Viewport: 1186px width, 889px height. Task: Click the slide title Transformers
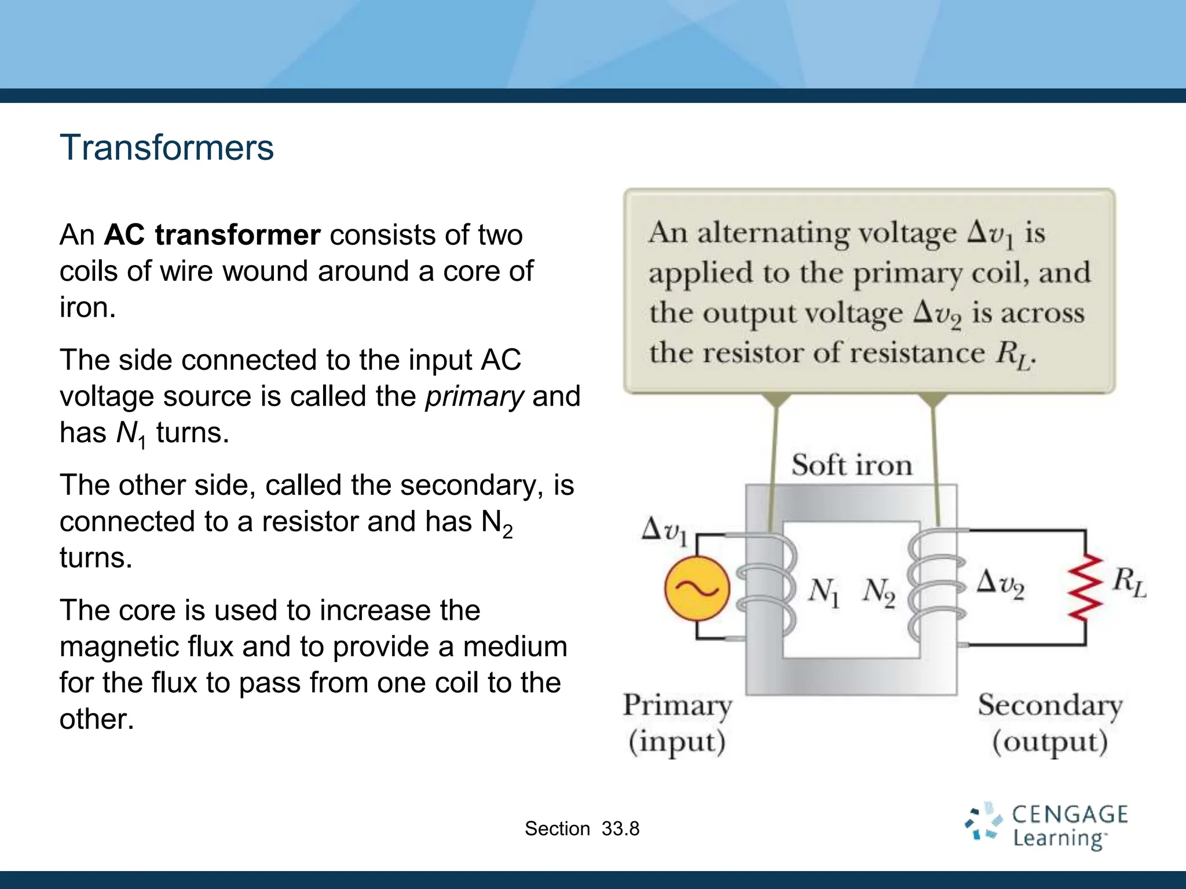[166, 148]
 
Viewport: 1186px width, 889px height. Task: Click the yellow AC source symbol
[697, 589]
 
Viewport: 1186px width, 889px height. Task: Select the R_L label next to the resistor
[1128, 582]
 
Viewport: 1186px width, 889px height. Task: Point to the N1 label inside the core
[823, 592]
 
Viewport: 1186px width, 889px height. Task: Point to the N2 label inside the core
[878, 592]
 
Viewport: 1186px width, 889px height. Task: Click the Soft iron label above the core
[851, 465]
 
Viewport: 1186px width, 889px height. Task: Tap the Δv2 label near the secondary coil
[1000, 583]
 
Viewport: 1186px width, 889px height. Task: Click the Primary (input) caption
[677, 723]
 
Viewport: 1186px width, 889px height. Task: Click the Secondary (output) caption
[1049, 723]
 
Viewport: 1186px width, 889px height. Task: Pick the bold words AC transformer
[212, 235]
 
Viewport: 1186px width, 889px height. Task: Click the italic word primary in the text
[474, 396]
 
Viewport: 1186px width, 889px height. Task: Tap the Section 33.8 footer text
[582, 829]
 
